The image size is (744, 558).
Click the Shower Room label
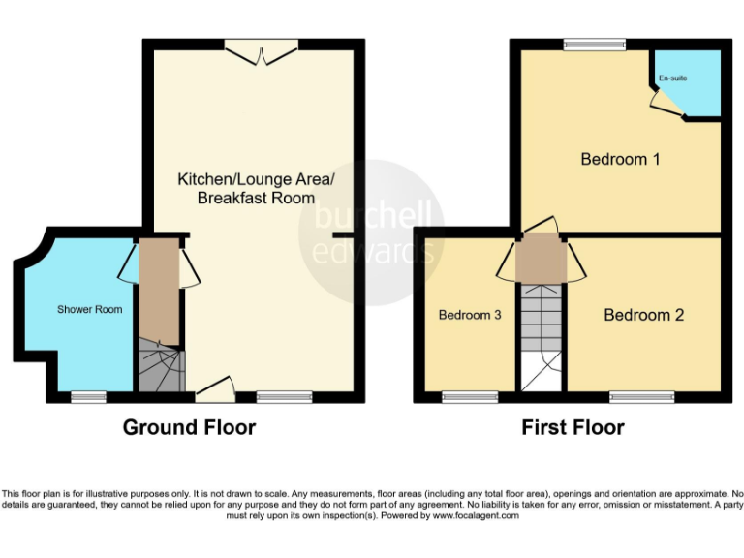pos(90,309)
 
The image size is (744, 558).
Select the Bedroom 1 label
pos(620,159)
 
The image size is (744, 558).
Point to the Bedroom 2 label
pos(643,315)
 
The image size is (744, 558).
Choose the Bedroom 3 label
pos(470,315)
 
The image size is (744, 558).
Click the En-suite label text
pos(672,77)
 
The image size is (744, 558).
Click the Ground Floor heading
pos(189,427)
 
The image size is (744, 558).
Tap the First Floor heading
pos(573,427)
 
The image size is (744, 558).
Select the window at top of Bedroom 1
pos(595,44)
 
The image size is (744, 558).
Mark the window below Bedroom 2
pos(641,396)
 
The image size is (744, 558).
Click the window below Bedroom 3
pos(470,396)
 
